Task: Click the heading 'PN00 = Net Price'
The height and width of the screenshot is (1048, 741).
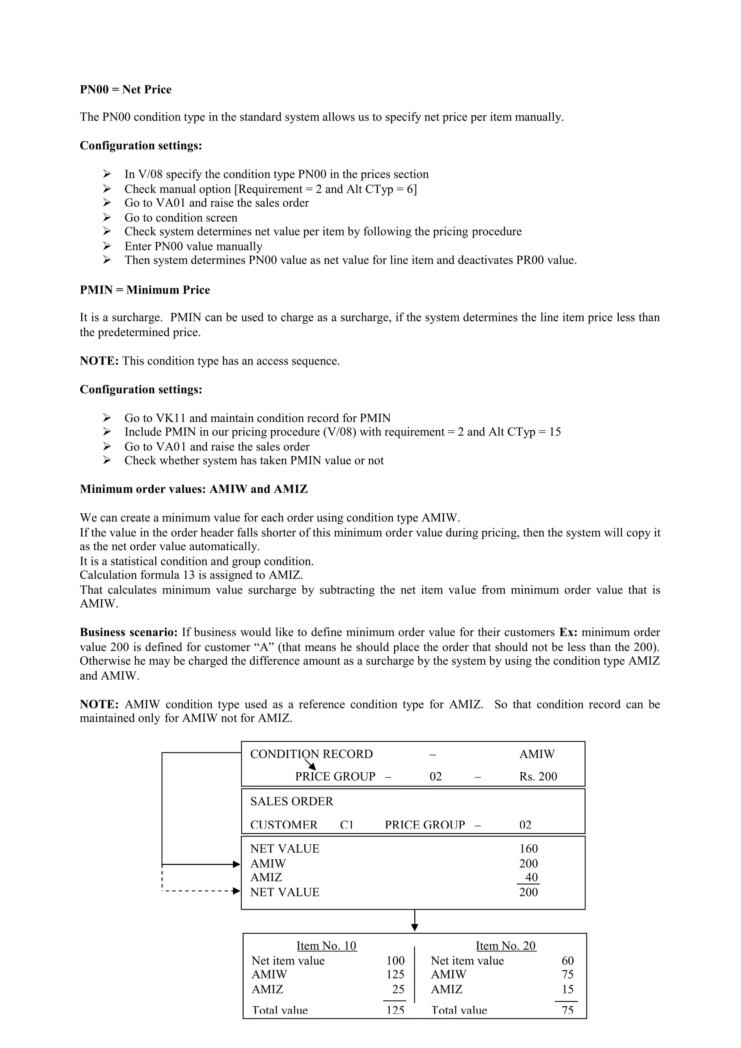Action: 126,89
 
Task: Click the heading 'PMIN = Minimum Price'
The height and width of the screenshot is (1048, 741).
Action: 145,290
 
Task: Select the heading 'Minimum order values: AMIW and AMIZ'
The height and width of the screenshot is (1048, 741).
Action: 194,489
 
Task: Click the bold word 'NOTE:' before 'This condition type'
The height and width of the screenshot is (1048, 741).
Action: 99,361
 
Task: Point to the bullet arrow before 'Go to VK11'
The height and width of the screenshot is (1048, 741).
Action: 107,418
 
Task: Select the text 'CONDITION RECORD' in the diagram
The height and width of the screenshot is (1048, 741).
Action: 312,754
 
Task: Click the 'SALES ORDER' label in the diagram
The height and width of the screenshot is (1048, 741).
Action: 292,801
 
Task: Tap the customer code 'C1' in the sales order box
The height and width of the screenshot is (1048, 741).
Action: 347,825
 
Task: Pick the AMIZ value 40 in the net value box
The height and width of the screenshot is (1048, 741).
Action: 531,877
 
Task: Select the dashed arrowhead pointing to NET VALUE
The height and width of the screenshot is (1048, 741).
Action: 236,891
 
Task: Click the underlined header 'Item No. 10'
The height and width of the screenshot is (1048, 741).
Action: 326,945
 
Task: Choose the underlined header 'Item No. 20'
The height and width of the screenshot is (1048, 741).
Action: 505,945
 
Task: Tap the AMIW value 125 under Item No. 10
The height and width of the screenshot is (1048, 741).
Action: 395,975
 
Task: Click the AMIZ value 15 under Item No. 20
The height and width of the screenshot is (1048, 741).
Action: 567,989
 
